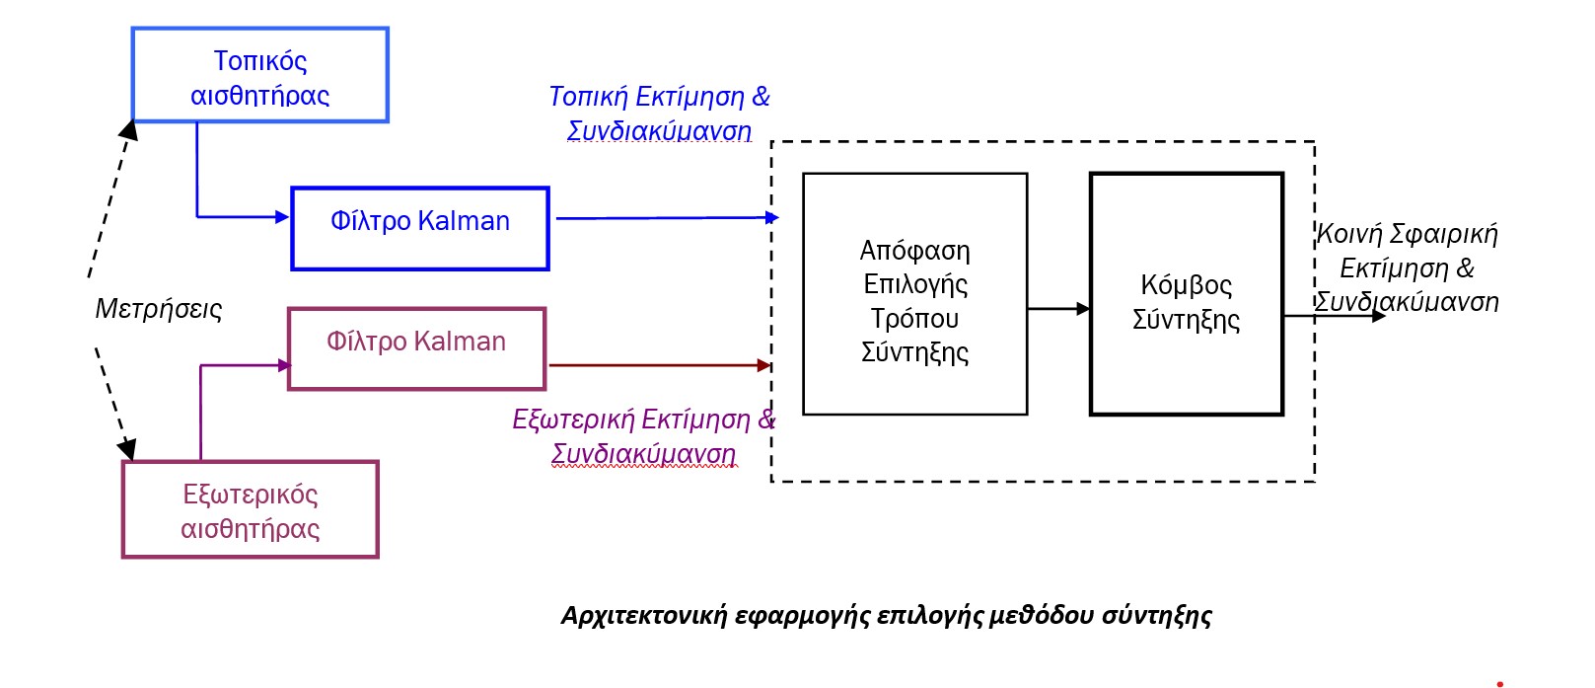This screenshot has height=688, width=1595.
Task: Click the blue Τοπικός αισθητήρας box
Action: pyautogui.click(x=259, y=76)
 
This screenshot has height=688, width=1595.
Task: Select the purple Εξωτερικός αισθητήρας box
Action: pyautogui.click(x=250, y=510)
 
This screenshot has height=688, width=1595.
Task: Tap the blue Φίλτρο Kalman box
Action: pyautogui.click(x=419, y=228)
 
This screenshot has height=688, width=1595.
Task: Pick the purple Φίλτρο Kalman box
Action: pyautogui.click(x=415, y=348)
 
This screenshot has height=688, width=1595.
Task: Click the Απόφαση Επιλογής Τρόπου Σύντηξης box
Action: pyautogui.click(x=914, y=294)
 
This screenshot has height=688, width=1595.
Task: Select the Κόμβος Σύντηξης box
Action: pyautogui.click(x=1186, y=294)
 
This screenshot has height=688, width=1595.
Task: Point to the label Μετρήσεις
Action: pyautogui.click(x=159, y=309)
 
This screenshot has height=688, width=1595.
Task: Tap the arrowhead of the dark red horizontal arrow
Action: pyautogui.click(x=763, y=365)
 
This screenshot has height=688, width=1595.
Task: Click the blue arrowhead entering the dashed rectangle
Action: pyautogui.click(x=772, y=217)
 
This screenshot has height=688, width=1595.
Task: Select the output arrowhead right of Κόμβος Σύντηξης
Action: pyautogui.click(x=1379, y=316)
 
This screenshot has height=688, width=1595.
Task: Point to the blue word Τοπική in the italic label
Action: pyautogui.click(x=588, y=97)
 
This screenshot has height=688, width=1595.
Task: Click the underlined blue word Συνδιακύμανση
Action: pyautogui.click(x=659, y=131)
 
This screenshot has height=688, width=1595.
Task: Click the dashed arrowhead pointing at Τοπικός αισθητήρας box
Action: pyautogui.click(x=128, y=129)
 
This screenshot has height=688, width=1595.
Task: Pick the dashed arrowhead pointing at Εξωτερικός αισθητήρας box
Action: pyautogui.click(x=127, y=449)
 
